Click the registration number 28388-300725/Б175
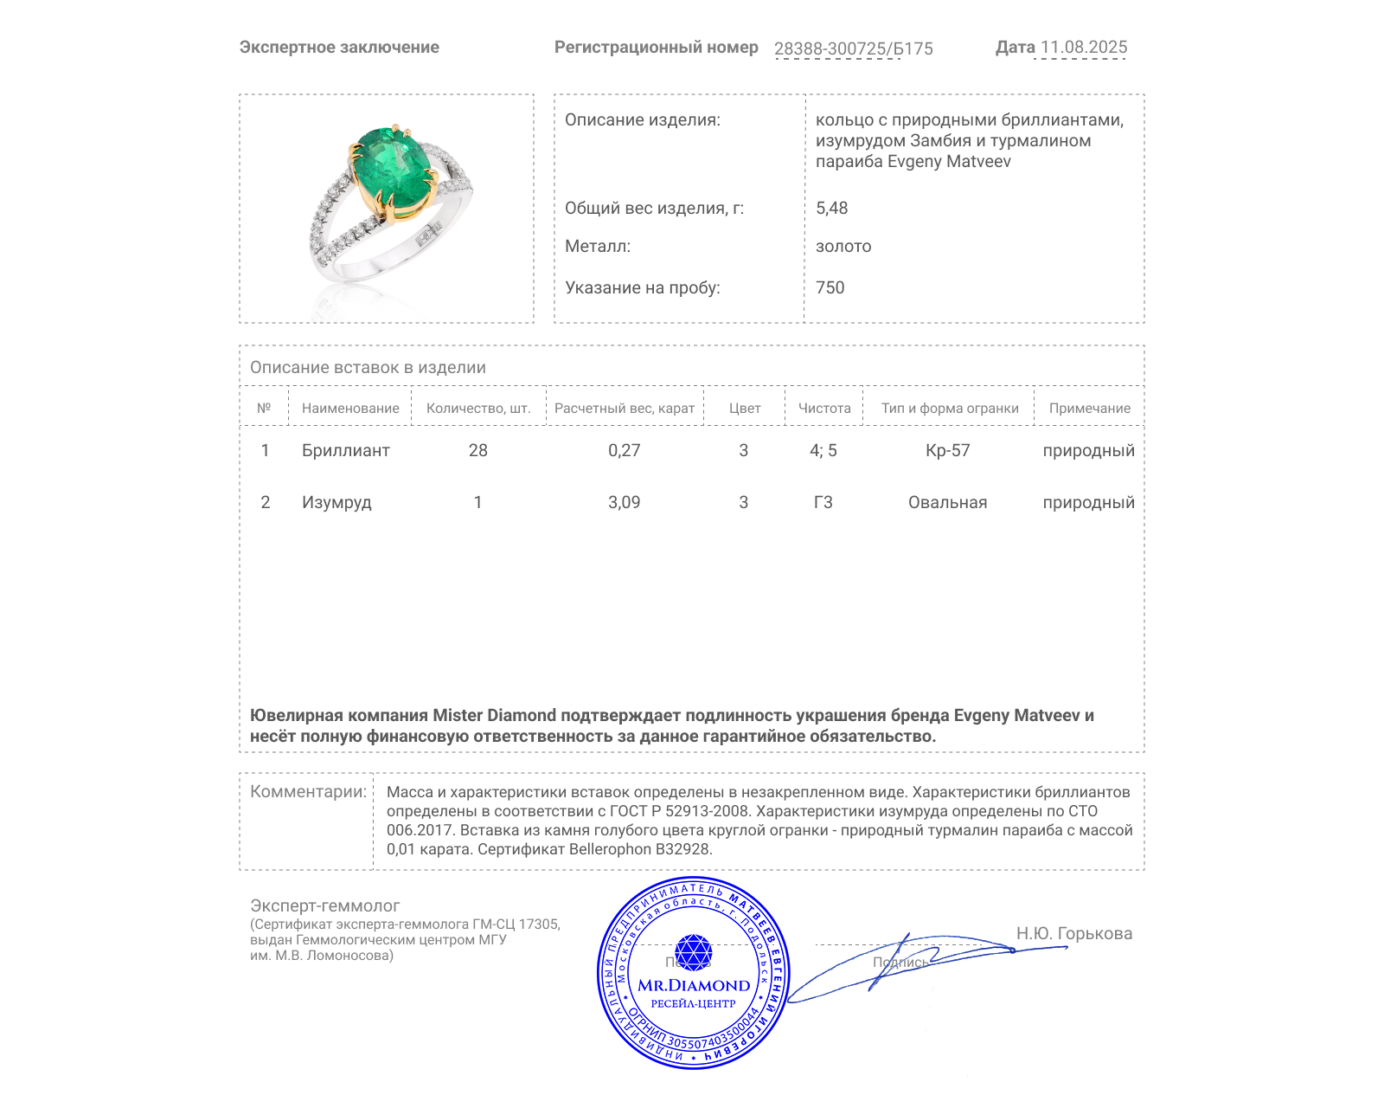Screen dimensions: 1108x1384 click(853, 48)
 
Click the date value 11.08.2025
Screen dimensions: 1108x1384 click(1083, 48)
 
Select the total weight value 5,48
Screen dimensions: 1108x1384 click(831, 208)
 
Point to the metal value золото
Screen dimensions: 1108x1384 click(843, 246)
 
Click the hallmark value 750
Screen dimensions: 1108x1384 click(830, 287)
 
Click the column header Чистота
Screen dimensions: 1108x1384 click(823, 409)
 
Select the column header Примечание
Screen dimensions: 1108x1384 click(1089, 409)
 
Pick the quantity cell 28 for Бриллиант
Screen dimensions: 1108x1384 click(477, 450)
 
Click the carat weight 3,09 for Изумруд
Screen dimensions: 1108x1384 click(624, 502)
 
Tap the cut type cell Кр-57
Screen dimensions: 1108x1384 click(947, 450)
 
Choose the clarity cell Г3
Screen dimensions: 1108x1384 click(823, 502)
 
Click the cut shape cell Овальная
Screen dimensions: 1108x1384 click(947, 502)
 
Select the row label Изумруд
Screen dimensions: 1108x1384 click(336, 502)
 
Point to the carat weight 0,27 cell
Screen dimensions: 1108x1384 click(624, 450)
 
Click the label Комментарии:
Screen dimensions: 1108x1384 click(308, 791)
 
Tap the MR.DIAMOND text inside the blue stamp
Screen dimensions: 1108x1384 click(694, 985)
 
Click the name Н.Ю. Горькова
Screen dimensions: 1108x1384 click(1073, 933)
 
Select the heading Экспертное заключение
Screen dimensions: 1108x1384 click(339, 48)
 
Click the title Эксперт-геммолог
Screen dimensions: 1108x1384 click(324, 905)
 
